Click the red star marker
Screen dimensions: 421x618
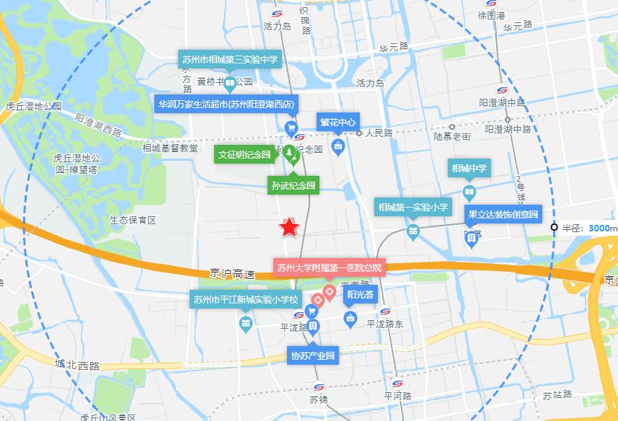289,227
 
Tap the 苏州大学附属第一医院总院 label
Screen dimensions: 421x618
330,267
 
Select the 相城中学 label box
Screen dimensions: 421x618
469,170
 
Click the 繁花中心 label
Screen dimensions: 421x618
337,122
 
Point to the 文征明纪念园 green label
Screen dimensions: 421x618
244,155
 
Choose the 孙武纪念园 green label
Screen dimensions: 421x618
292,185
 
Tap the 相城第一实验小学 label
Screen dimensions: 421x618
413,208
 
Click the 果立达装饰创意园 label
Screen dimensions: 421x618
503,214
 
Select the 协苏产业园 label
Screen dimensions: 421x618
313,355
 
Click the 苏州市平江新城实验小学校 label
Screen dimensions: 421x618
244,299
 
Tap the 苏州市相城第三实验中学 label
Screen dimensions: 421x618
229,60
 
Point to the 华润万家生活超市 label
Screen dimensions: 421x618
226,105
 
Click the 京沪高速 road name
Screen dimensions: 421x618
233,275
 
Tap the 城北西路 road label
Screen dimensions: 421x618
76,365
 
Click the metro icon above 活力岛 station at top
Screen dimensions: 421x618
278,13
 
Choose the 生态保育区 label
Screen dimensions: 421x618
133,219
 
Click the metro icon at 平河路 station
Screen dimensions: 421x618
397,383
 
